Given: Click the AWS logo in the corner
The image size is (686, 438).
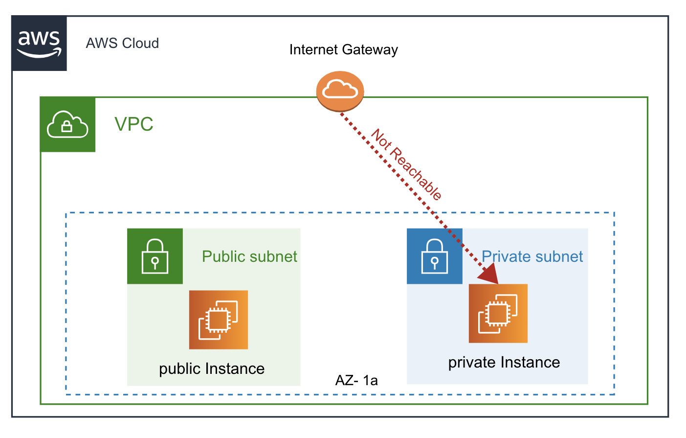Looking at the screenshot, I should [39, 43].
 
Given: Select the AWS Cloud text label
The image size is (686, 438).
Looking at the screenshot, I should [122, 43].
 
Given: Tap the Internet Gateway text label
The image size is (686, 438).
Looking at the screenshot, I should [343, 49].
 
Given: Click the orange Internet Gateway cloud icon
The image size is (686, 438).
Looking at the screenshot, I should [340, 91].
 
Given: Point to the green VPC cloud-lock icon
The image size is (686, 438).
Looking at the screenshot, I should [67, 125].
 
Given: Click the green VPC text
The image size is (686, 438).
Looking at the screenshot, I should [133, 124].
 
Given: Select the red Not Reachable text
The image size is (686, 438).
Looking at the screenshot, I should [406, 164].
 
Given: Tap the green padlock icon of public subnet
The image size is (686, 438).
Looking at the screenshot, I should [155, 256].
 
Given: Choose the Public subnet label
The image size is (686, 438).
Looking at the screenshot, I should [249, 256].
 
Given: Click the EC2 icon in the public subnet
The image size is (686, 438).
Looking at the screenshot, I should [219, 320].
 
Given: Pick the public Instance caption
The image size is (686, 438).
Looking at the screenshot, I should [212, 369].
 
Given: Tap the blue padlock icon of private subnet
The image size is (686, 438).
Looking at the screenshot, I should [434, 256].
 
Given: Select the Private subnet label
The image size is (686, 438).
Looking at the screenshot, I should [532, 256].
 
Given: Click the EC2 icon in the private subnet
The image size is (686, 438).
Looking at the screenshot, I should [498, 313].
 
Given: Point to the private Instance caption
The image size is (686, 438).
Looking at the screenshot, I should [504, 362].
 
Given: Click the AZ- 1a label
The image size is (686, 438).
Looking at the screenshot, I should [356, 380].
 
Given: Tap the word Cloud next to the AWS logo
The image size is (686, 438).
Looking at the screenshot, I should [140, 43].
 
